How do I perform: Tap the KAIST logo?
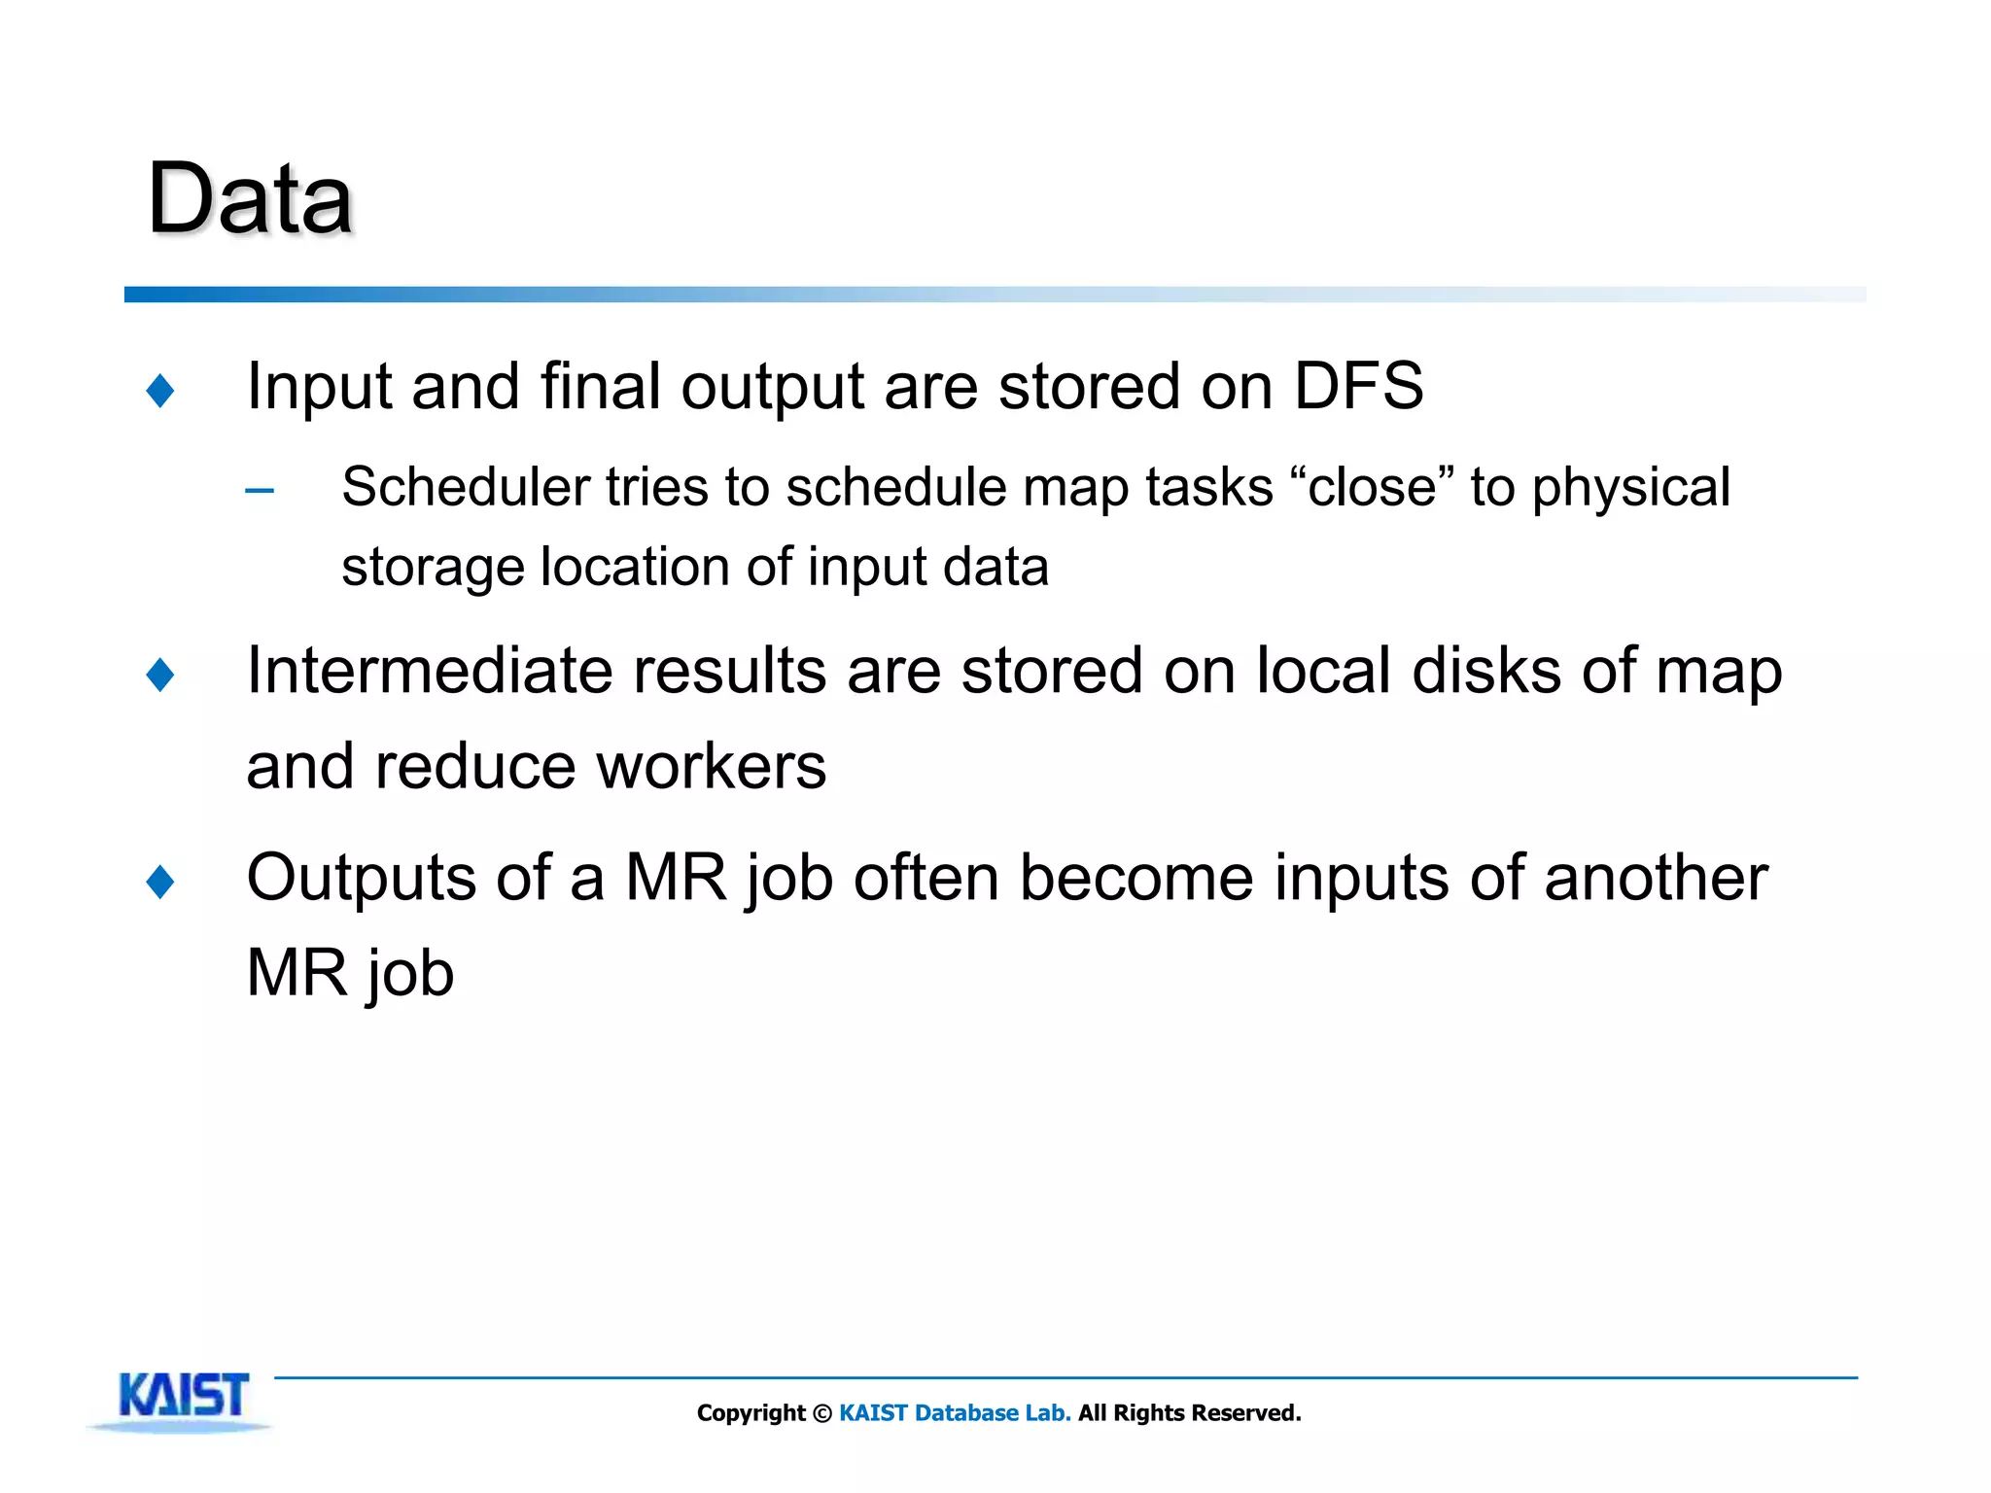tap(183, 1398)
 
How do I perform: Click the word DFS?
tap(1357, 386)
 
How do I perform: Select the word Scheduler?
tap(465, 487)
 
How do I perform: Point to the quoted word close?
tap(1371, 487)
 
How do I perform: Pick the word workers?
tap(710, 766)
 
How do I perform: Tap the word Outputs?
tap(361, 878)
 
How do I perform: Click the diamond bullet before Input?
tap(160, 391)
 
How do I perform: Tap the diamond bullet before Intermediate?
tap(160, 675)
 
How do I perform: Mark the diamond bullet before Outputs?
tap(160, 882)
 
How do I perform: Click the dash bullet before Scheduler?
tap(260, 491)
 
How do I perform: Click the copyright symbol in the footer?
tap(821, 1413)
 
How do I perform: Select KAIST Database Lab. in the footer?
tap(954, 1413)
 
